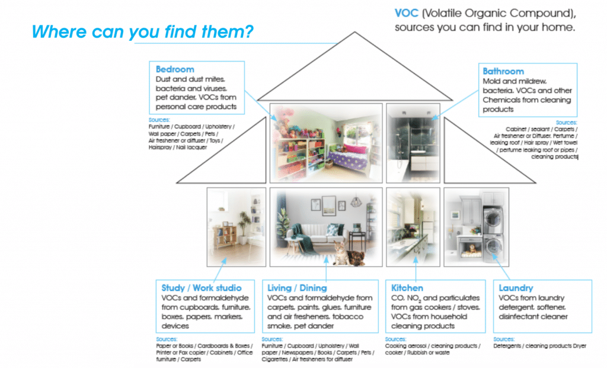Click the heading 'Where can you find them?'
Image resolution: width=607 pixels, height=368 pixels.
click(142, 31)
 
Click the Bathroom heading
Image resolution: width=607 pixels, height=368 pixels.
click(503, 71)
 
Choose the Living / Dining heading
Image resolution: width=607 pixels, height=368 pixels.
click(297, 287)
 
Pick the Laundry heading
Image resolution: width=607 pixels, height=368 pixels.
click(516, 287)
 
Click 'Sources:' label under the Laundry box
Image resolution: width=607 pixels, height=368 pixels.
click(505, 340)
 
